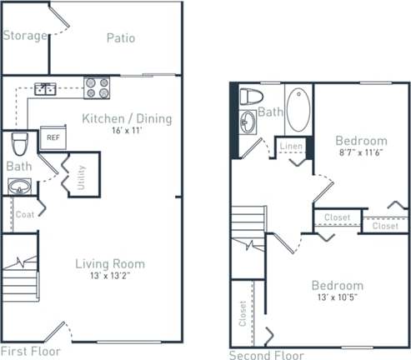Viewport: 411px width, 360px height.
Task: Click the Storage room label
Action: (24, 36)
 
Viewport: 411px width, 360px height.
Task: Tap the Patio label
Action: (121, 37)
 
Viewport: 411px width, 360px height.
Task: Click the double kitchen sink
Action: (45, 87)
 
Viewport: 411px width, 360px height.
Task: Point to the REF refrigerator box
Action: (52, 137)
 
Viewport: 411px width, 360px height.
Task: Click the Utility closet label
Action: (81, 178)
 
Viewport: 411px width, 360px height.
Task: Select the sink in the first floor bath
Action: (20, 187)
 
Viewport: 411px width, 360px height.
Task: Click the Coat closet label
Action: (24, 214)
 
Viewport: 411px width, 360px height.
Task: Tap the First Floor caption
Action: (31, 351)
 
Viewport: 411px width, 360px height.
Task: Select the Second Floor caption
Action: (264, 354)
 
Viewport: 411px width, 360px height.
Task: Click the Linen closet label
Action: (291, 147)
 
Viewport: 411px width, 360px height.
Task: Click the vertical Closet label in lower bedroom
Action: (243, 323)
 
